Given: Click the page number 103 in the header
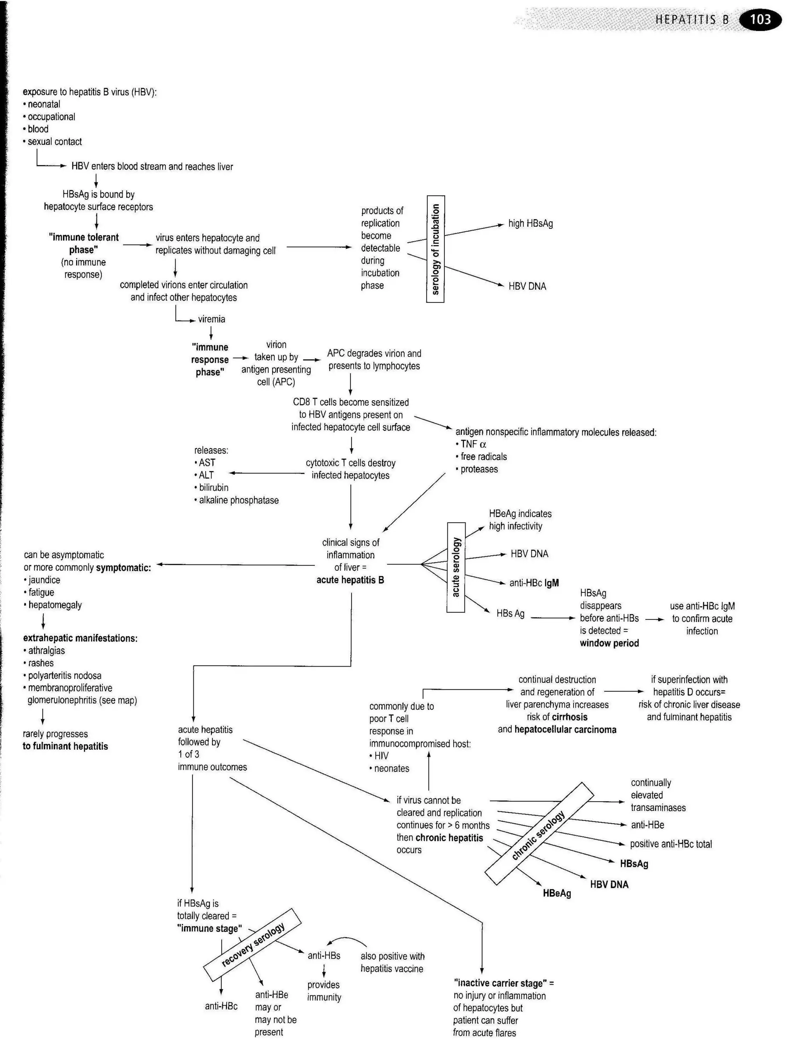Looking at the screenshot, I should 760,20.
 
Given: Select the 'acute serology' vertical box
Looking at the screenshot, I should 456,567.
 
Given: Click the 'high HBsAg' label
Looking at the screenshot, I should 530,223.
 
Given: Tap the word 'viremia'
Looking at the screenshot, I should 212,319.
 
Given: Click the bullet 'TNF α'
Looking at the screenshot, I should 473,444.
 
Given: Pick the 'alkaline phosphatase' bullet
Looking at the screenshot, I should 238,500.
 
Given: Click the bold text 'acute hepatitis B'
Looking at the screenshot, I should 350,580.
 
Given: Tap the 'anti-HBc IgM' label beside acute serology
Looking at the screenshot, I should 534,583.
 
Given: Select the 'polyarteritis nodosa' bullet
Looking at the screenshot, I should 64,676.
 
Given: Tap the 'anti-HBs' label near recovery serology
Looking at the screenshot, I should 324,955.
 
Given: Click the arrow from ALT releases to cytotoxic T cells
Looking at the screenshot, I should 266,474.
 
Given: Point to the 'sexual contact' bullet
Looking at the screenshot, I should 54,142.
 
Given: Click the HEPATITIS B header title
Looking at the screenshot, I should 691,20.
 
